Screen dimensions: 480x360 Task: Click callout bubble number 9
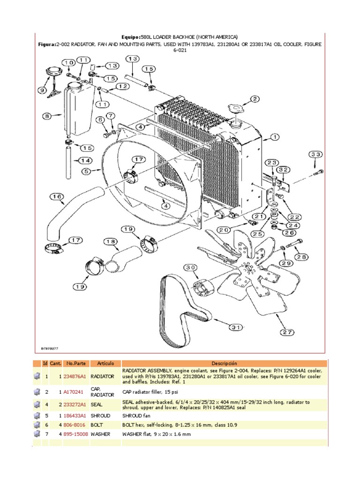point(43,90)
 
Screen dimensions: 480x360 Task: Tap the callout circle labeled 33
point(315,155)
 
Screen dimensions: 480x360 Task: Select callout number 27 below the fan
point(287,332)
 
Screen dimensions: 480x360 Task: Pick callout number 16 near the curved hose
point(57,197)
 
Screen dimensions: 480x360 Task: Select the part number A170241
point(74,391)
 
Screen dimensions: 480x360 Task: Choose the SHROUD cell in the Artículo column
point(101,416)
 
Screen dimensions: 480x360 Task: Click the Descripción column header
point(225,363)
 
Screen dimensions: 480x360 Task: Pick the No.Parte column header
point(75,363)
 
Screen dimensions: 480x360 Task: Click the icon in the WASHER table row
point(36,434)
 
